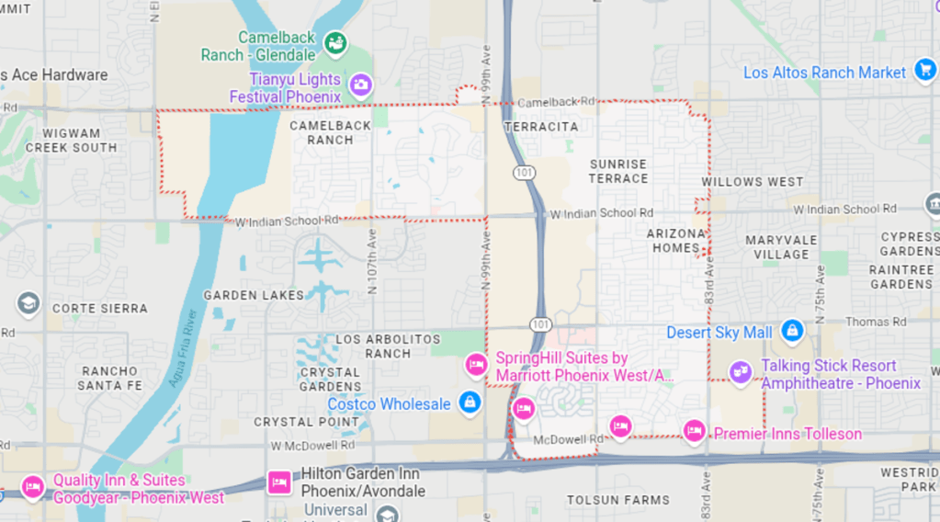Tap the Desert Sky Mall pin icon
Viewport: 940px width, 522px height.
pos(791,330)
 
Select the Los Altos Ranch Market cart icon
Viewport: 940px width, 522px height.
pos(924,71)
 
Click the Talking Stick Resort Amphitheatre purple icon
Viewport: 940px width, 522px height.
pos(740,371)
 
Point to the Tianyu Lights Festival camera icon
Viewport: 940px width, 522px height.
pos(360,85)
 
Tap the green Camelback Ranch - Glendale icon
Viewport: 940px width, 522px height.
pos(335,41)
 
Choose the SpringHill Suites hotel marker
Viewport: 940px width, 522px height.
pos(475,365)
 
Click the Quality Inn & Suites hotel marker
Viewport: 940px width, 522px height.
pos(33,486)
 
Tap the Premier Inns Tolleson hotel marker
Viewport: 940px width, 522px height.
pos(694,430)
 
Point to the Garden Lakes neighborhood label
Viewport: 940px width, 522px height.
pos(254,295)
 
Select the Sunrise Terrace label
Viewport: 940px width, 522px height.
pos(618,171)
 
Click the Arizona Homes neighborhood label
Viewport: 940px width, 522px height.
pos(677,241)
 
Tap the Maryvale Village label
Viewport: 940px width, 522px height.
pos(781,247)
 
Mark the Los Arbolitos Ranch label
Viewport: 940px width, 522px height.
pos(388,346)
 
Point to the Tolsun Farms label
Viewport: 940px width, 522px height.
pos(617,500)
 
